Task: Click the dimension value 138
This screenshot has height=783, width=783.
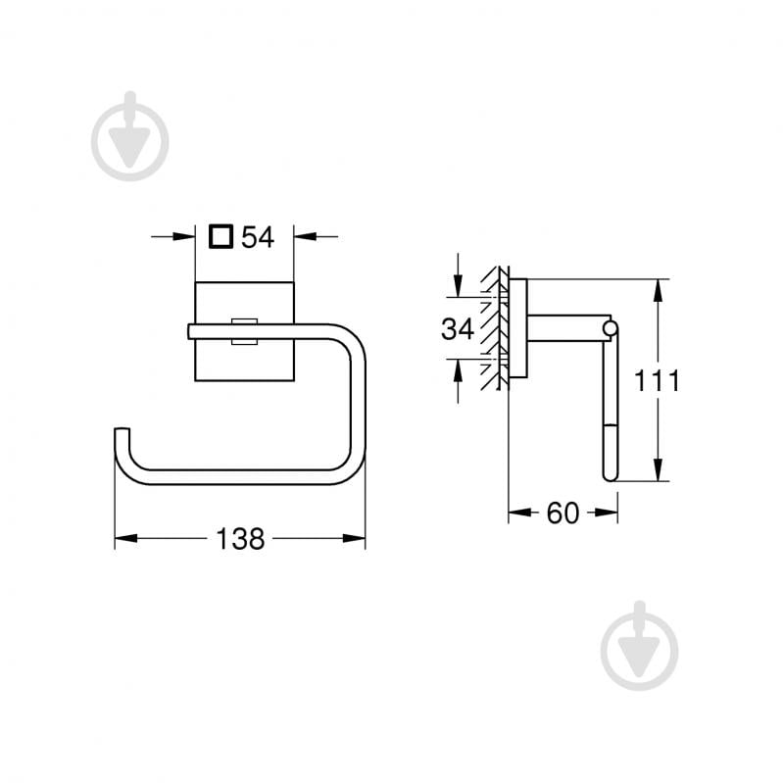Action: (x=240, y=538)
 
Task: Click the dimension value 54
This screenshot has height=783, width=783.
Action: (x=258, y=236)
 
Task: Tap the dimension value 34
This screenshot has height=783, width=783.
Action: (x=457, y=329)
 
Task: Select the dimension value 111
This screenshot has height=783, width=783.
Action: (x=655, y=380)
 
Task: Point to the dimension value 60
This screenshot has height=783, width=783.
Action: (x=563, y=513)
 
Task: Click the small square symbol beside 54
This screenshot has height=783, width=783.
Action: (x=222, y=236)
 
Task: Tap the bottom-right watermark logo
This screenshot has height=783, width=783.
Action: (x=639, y=646)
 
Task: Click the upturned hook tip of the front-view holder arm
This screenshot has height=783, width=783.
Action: (x=121, y=433)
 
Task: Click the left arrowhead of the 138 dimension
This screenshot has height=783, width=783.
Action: (x=123, y=538)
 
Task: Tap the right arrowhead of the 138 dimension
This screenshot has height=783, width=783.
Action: (x=357, y=538)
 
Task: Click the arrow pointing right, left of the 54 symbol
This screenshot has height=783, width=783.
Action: (x=186, y=236)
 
